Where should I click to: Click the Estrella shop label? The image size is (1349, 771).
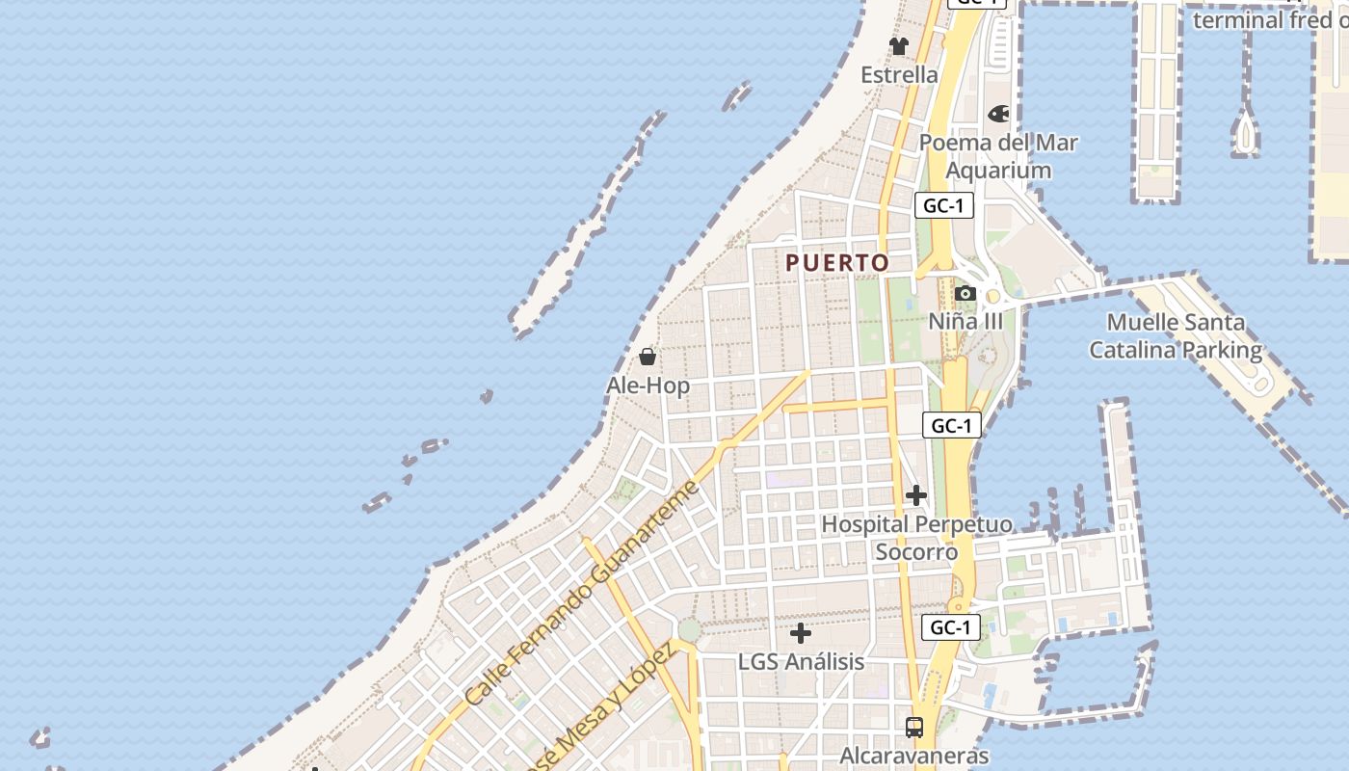[899, 75]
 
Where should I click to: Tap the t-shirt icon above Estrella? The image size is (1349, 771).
[899, 46]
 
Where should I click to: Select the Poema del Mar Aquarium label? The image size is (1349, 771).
[998, 156]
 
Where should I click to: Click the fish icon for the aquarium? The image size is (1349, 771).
[999, 114]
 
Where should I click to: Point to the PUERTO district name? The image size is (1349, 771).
[837, 263]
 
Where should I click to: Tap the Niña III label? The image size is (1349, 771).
[965, 322]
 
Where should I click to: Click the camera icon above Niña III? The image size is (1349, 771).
[965, 294]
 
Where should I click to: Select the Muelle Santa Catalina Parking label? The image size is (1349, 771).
[1176, 336]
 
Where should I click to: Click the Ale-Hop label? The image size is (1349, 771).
[648, 386]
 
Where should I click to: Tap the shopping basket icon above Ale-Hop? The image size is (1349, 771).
[648, 358]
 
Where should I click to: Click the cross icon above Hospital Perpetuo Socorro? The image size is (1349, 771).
[915, 496]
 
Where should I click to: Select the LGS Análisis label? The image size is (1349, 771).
[801, 663]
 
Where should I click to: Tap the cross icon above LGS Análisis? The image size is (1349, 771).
[800, 633]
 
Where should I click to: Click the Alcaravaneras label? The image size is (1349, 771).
[914, 756]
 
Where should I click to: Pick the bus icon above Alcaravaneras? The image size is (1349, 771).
[914, 728]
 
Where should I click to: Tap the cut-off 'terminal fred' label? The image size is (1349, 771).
[1270, 20]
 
